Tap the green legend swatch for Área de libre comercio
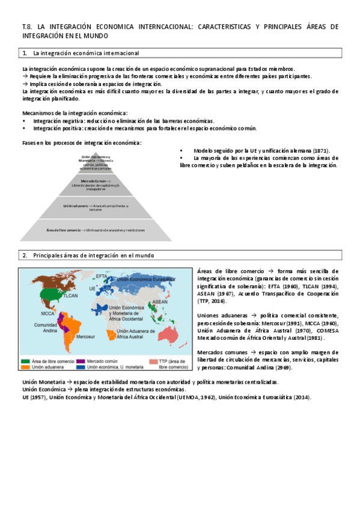25,361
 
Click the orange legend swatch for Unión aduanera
25,366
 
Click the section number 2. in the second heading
25,256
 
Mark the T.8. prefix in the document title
26,26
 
